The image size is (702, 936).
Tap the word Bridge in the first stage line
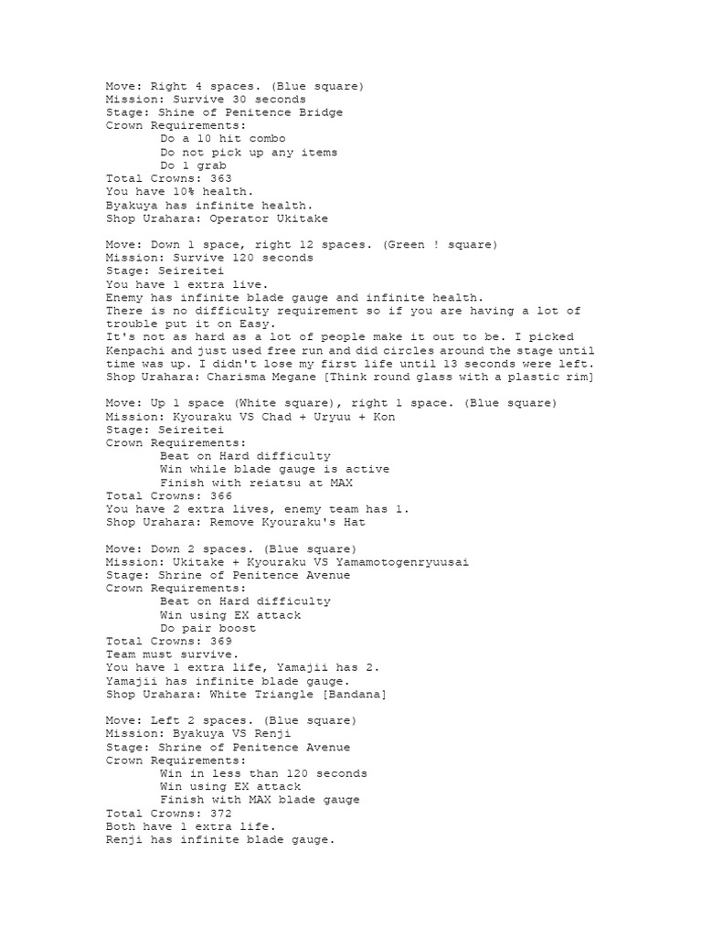pos(320,113)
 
